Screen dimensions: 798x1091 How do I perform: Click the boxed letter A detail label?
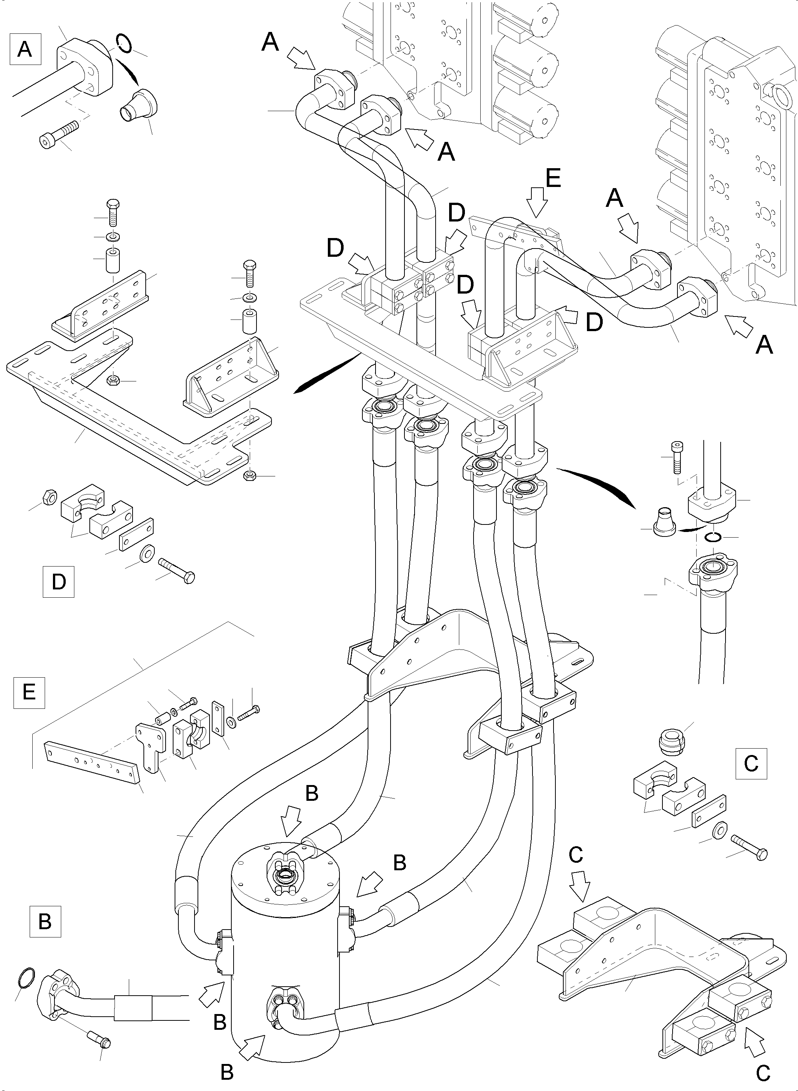coord(25,49)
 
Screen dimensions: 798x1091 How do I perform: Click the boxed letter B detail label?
coord(45,921)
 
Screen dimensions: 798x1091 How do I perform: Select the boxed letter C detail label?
coord(751,764)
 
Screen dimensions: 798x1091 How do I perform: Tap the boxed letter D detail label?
coord(59,582)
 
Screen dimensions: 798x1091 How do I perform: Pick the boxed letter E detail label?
coord(29,693)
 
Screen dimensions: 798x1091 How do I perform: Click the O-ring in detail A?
coord(123,42)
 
